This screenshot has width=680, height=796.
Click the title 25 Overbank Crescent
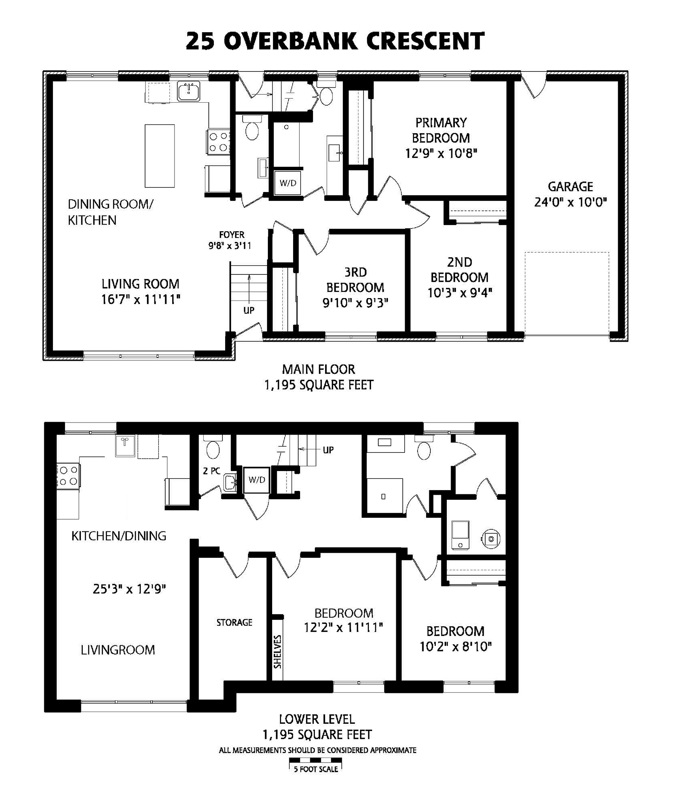(x=335, y=41)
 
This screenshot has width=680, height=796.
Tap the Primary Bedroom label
(x=441, y=138)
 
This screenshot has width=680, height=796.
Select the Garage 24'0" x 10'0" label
(x=570, y=194)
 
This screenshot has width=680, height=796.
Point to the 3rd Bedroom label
(x=355, y=287)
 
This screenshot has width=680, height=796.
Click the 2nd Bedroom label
(x=460, y=277)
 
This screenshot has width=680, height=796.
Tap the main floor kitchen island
(x=159, y=156)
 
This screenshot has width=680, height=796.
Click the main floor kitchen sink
(x=189, y=91)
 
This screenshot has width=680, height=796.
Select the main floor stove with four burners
(x=219, y=142)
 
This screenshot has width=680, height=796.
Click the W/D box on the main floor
(x=288, y=183)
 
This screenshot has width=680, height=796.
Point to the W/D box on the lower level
(x=257, y=480)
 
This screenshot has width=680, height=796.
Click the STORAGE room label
(x=234, y=622)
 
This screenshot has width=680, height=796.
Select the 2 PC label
(x=212, y=471)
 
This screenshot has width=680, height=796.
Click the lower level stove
(x=68, y=476)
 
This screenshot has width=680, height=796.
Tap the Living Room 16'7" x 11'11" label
(x=140, y=292)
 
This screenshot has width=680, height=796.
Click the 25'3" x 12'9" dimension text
(x=129, y=589)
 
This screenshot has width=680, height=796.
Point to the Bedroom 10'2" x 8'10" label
(x=456, y=639)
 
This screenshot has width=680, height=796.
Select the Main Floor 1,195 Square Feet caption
(x=319, y=377)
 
